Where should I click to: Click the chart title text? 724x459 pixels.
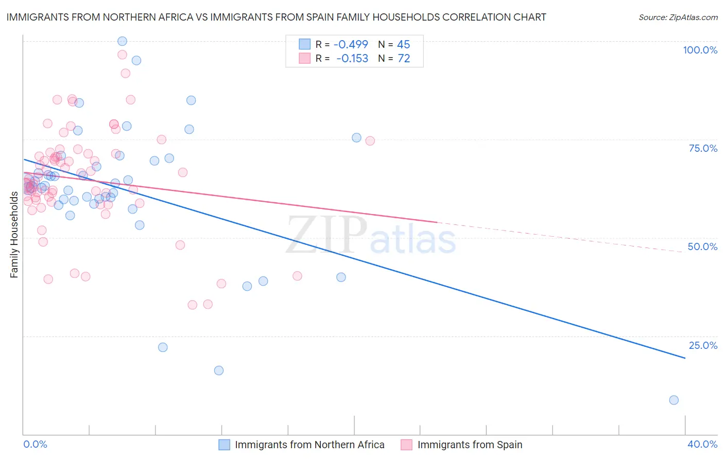click(276, 17)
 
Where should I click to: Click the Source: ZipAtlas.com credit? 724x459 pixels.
click(678, 17)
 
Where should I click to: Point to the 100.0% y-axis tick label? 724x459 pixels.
click(700, 50)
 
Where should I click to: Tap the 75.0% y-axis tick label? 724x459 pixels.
click(703, 148)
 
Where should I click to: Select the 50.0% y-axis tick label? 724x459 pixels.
click(702, 246)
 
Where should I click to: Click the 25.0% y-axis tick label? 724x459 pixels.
click(703, 345)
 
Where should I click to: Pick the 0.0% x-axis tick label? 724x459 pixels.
click(35, 444)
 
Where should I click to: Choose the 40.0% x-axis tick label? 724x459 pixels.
click(702, 444)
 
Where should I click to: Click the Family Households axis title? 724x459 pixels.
click(14, 234)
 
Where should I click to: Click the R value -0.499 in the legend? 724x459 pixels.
click(351, 45)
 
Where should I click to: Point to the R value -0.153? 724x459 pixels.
click(352, 59)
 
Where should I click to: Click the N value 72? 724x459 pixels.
click(404, 59)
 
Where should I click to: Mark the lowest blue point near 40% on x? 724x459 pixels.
click(674, 400)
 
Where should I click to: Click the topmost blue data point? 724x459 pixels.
click(122, 41)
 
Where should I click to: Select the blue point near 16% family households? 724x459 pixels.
click(219, 370)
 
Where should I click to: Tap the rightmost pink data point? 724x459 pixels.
click(370, 141)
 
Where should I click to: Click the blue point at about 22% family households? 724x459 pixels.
click(163, 347)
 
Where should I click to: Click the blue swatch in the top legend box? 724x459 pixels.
click(305, 45)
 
